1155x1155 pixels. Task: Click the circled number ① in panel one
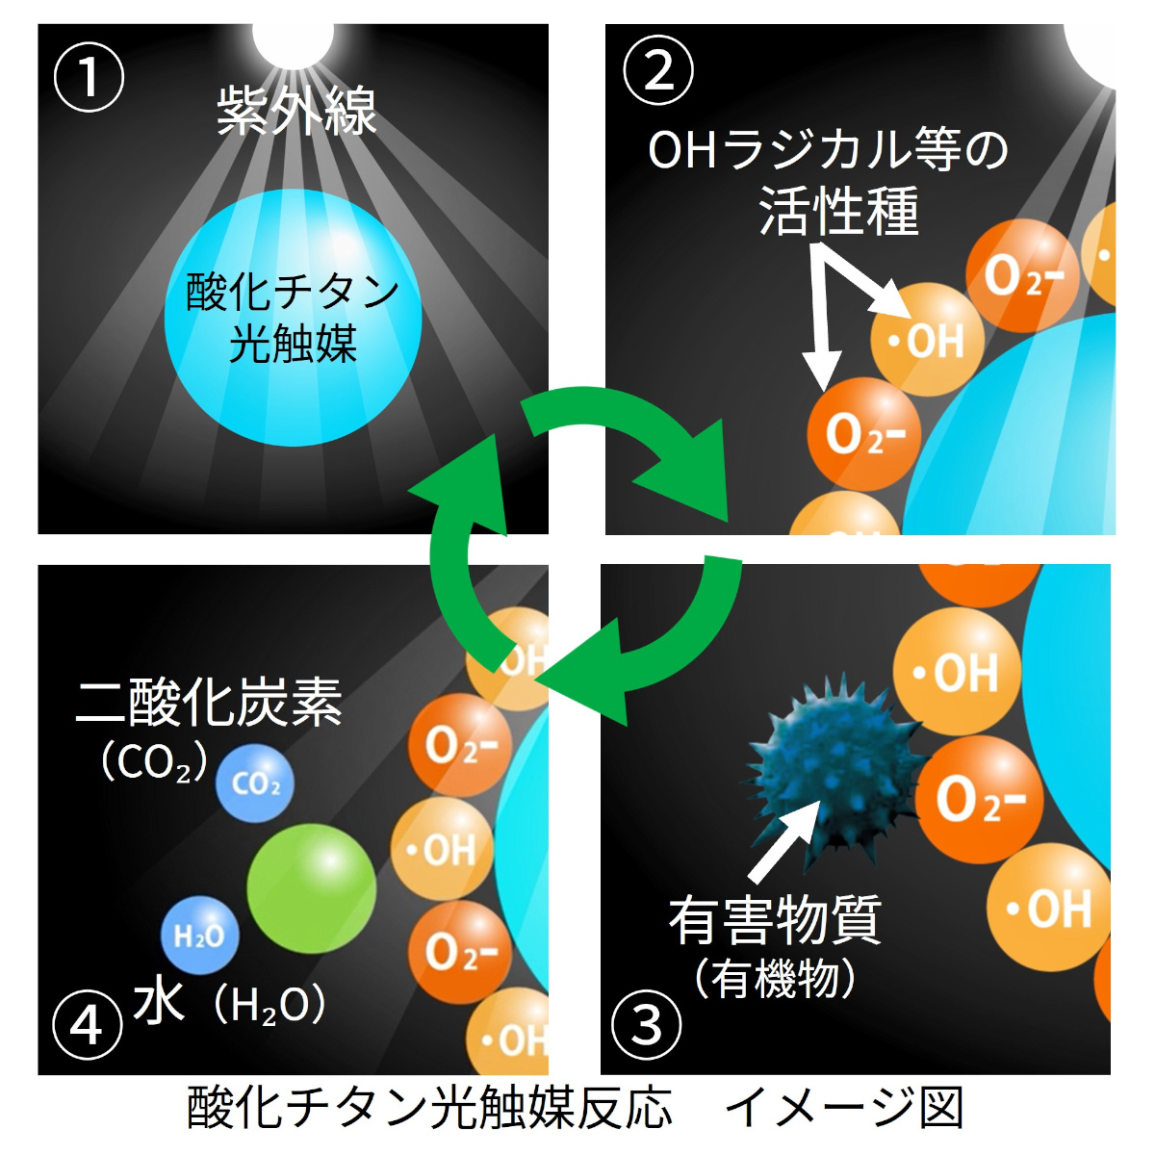[89, 77]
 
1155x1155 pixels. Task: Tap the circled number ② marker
[659, 69]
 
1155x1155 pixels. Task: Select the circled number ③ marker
[647, 1025]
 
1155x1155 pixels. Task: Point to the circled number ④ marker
[88, 1026]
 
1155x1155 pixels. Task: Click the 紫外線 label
[295, 113]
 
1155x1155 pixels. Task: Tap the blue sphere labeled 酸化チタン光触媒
[293, 318]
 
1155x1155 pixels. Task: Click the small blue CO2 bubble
[255, 783]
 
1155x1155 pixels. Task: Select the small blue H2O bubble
[199, 934]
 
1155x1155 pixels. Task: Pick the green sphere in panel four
[311, 886]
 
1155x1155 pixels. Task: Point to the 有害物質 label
[775, 919]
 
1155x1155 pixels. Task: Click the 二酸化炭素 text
[209, 703]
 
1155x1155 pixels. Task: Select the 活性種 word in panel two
[838, 211]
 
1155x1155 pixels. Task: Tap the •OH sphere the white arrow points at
[927, 340]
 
